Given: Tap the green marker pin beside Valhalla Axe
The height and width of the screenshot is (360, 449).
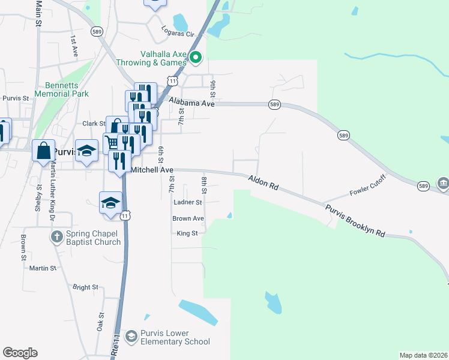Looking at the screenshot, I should coord(196,58).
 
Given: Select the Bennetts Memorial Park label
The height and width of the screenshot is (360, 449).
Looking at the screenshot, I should coord(62,89).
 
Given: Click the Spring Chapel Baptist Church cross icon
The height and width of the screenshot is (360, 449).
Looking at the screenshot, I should coord(56,235).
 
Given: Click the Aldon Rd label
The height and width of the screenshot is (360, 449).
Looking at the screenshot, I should coord(264,182).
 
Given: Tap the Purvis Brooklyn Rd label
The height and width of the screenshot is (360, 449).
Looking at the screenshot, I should coord(355,221).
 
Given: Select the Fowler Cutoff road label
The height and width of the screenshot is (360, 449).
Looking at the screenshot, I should coord(367,187).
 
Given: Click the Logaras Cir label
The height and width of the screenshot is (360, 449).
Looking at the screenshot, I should coord(179,31).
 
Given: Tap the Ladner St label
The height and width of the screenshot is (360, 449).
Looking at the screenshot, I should coord(187,203).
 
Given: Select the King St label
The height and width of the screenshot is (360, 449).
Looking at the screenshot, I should coord(187,233).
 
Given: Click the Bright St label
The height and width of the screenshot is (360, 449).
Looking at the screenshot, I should coord(85,287).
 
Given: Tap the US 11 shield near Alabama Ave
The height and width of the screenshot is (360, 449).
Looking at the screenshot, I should coord(173,80).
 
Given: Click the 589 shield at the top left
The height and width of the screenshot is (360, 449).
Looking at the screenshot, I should coord(96,31).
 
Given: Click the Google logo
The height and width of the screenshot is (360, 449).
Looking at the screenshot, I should coord(20,353).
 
